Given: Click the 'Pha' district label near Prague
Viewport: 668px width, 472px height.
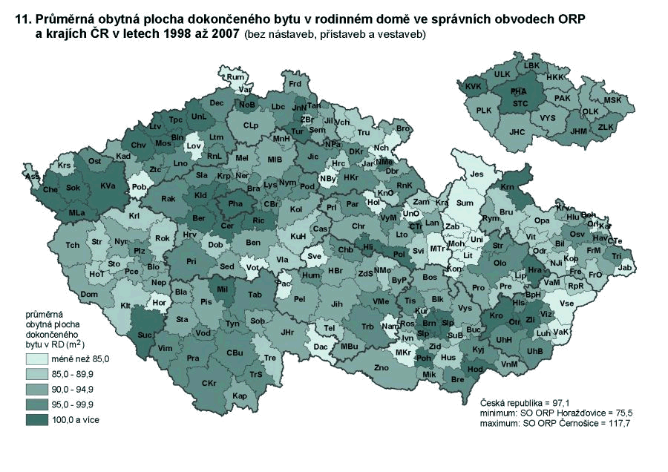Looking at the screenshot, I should (235, 203).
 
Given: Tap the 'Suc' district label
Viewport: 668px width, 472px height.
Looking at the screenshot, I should (145, 336).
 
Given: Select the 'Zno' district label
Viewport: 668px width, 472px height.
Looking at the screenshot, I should (382, 367).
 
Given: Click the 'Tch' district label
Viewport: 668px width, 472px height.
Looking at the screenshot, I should (72, 245).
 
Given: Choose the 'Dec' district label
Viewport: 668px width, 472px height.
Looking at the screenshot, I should (217, 103).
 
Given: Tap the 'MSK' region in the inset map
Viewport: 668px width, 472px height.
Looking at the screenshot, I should (612, 100).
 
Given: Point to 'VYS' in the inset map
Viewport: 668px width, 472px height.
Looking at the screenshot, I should (548, 118).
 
